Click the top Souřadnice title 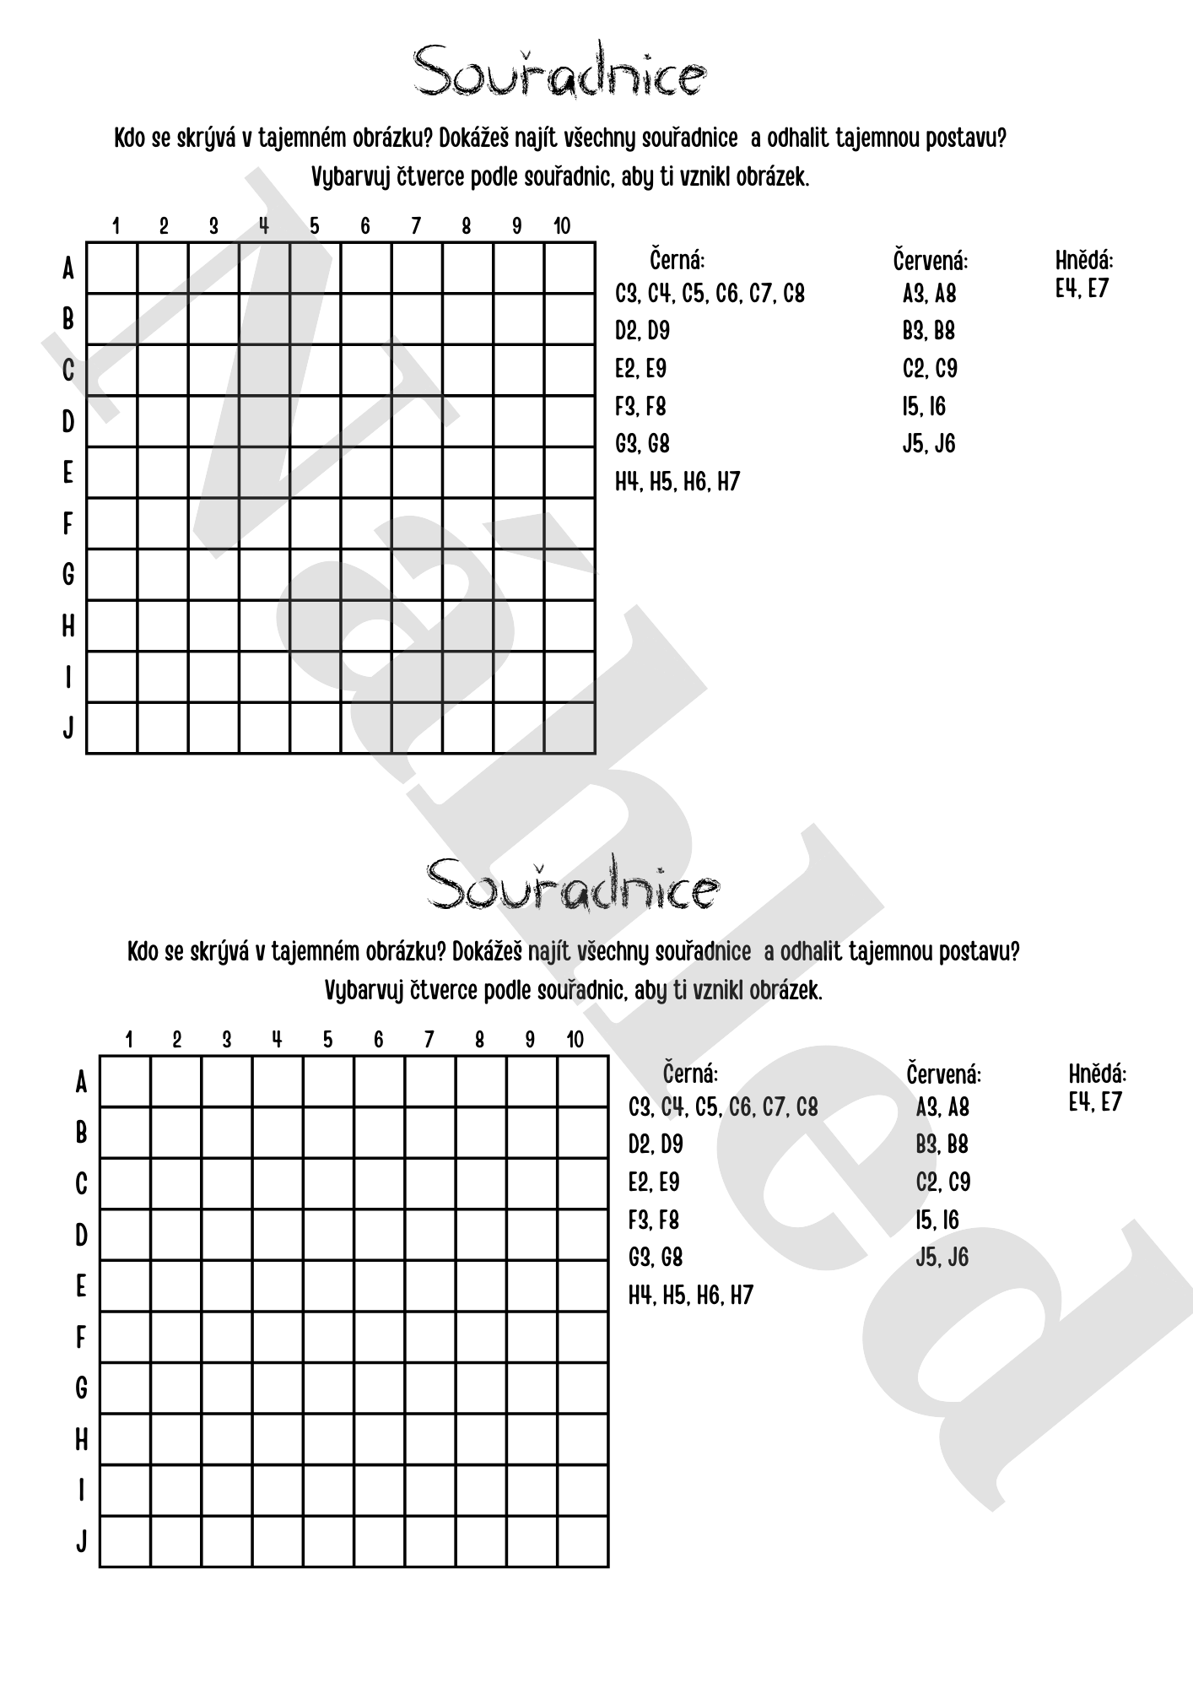(x=559, y=71)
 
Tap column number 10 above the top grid (x=562, y=226)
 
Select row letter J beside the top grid (x=68, y=728)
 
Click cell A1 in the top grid (x=112, y=268)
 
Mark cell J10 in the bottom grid (x=583, y=1541)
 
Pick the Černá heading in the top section (x=677, y=259)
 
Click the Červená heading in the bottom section (x=943, y=1074)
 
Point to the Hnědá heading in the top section (x=1084, y=259)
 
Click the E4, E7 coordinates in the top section (x=1082, y=289)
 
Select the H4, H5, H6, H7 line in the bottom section (x=690, y=1296)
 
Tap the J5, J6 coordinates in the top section (x=929, y=444)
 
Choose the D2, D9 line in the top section (x=642, y=331)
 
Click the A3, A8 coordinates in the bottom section (x=942, y=1106)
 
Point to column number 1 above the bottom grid (x=128, y=1040)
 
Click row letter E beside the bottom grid (x=81, y=1286)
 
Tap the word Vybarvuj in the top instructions (x=349, y=178)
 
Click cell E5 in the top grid (x=316, y=473)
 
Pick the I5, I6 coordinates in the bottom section (x=937, y=1220)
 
